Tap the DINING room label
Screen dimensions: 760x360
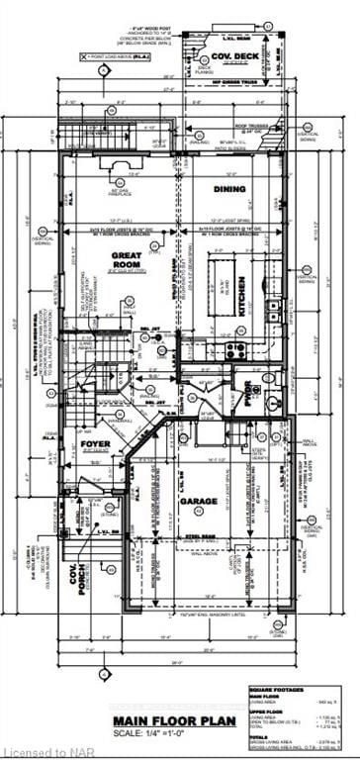228,187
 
